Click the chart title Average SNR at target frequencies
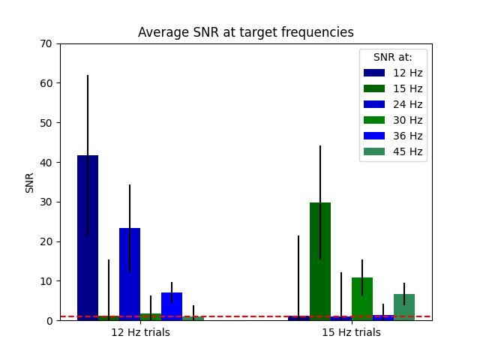point(245,33)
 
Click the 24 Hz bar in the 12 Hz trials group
point(130,274)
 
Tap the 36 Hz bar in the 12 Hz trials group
point(172,307)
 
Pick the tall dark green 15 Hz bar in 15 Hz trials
point(320,262)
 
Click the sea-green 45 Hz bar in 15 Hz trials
point(404,307)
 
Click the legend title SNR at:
point(393,57)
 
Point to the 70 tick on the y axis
point(46,43)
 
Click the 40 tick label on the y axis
point(46,162)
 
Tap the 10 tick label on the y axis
point(46,281)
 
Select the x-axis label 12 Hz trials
point(140,332)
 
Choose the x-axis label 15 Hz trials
point(351,332)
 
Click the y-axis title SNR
point(30,182)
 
